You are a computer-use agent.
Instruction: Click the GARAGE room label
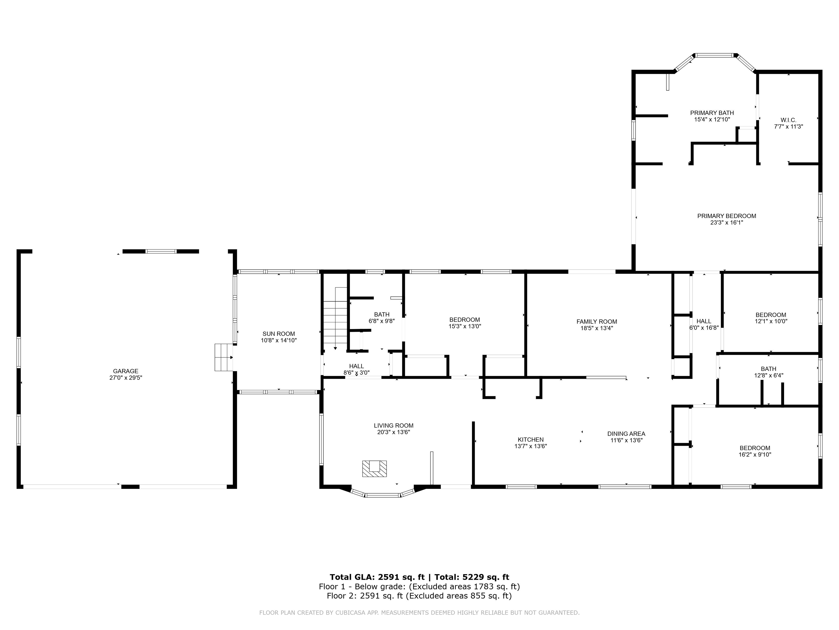[x=126, y=371]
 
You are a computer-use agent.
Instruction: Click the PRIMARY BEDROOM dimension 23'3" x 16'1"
[x=726, y=223]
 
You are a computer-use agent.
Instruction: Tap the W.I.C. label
[x=788, y=120]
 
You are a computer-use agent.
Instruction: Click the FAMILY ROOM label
[x=597, y=322]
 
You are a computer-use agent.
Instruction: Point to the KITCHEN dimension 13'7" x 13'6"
[x=530, y=446]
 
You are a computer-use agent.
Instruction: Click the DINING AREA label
[x=626, y=434]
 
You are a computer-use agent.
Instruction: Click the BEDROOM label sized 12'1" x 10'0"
[x=770, y=315]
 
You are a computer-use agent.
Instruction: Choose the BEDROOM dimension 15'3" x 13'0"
[x=465, y=326]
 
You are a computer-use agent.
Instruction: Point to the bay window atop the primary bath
[x=714, y=56]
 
